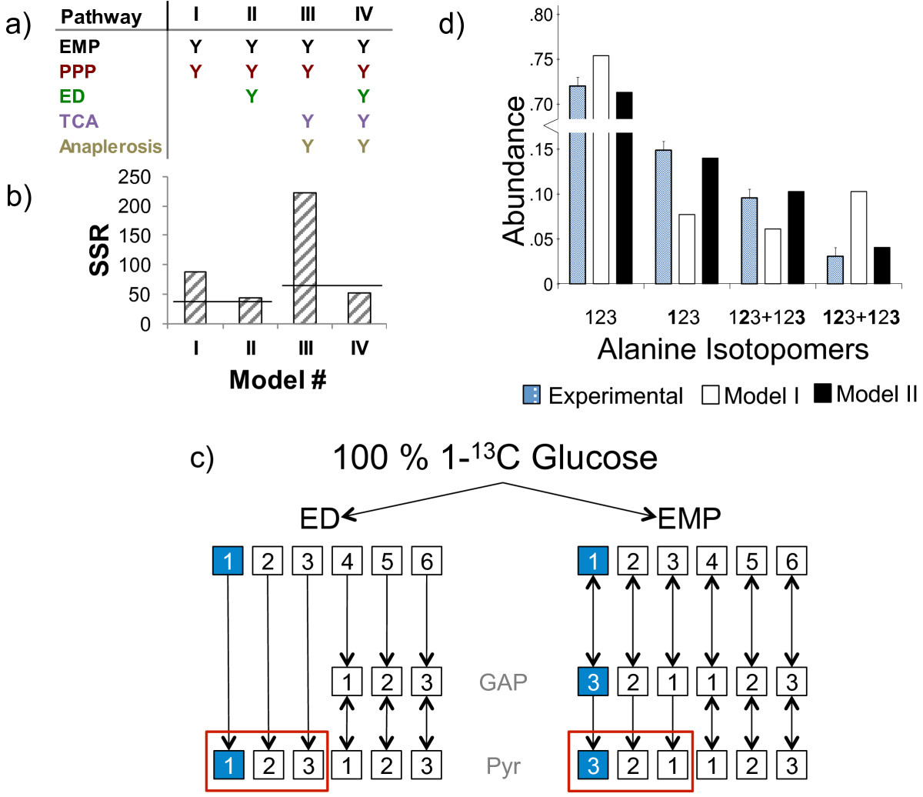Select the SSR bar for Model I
click(195, 298)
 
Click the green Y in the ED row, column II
click(252, 96)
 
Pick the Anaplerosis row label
click(111, 146)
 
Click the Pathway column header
click(101, 17)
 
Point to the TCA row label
click(79, 121)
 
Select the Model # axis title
click(278, 379)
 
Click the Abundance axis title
click(515, 171)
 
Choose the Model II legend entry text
click(877, 394)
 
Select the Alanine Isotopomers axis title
click(733, 349)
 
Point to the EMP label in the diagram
click(689, 519)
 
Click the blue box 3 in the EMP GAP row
click(592, 682)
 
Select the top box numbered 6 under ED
click(426, 561)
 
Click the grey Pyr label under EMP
click(504, 766)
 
